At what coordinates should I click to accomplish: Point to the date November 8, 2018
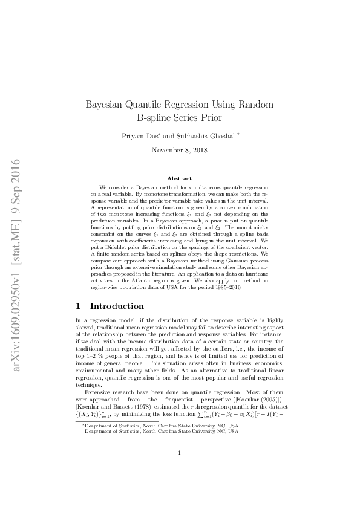179,150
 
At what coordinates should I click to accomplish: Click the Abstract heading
179,178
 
